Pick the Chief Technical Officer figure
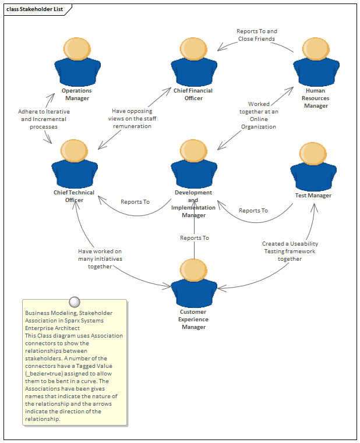coord(74,165)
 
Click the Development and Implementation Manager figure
coord(194,165)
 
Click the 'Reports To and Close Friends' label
coord(256,35)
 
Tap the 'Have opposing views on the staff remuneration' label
coord(133,118)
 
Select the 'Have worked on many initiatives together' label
coord(100,259)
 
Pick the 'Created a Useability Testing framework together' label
coord(290,251)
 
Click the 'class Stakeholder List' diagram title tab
coord(35,9)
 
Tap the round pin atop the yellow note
coord(74,301)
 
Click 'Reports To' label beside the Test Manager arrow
coord(253,211)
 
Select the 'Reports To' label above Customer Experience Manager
coord(194,238)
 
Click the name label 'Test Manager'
coord(313,196)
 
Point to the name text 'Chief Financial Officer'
coord(193,94)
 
